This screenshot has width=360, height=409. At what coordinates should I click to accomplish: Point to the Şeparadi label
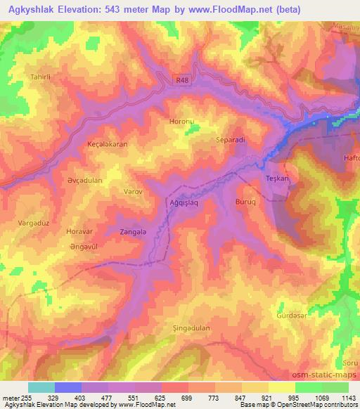coord(230,139)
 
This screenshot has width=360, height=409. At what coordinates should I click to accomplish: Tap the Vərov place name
coord(134,191)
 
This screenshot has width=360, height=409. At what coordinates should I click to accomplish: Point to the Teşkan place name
coord(278,178)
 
